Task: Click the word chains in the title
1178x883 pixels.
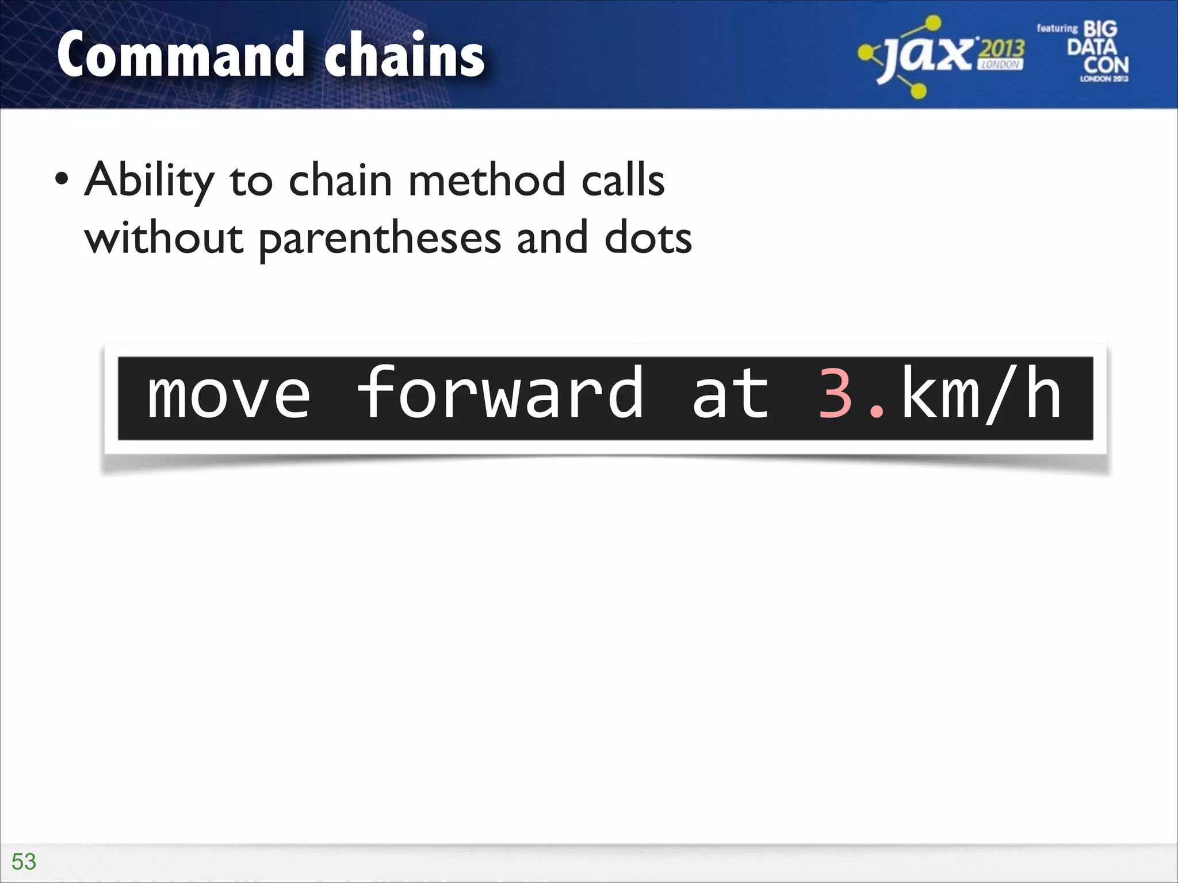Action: pos(404,56)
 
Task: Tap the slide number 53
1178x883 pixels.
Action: pos(24,862)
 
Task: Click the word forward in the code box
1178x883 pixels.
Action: pos(500,394)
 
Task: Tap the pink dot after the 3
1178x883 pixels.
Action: pos(877,410)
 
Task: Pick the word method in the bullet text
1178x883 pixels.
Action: pos(487,180)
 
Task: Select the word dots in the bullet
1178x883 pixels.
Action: pos(648,238)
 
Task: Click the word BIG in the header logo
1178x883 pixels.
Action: pos(1100,29)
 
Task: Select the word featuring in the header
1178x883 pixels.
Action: pos(1057,28)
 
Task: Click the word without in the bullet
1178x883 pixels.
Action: pos(164,238)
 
